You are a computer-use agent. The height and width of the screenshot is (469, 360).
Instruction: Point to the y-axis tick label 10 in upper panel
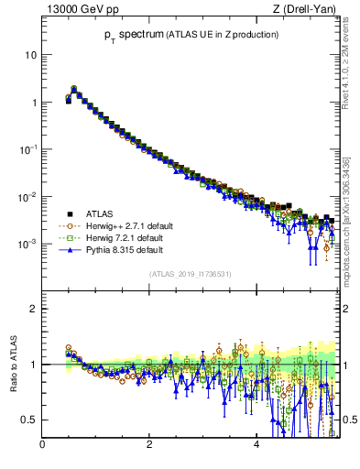[31, 55]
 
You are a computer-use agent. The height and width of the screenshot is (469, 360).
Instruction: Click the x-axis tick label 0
[42, 446]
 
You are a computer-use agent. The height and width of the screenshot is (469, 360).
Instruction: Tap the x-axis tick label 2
[149, 446]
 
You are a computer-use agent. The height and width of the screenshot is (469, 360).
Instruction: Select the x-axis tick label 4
[256, 446]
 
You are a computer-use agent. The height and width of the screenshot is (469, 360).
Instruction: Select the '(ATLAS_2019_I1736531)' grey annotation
[189, 274]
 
